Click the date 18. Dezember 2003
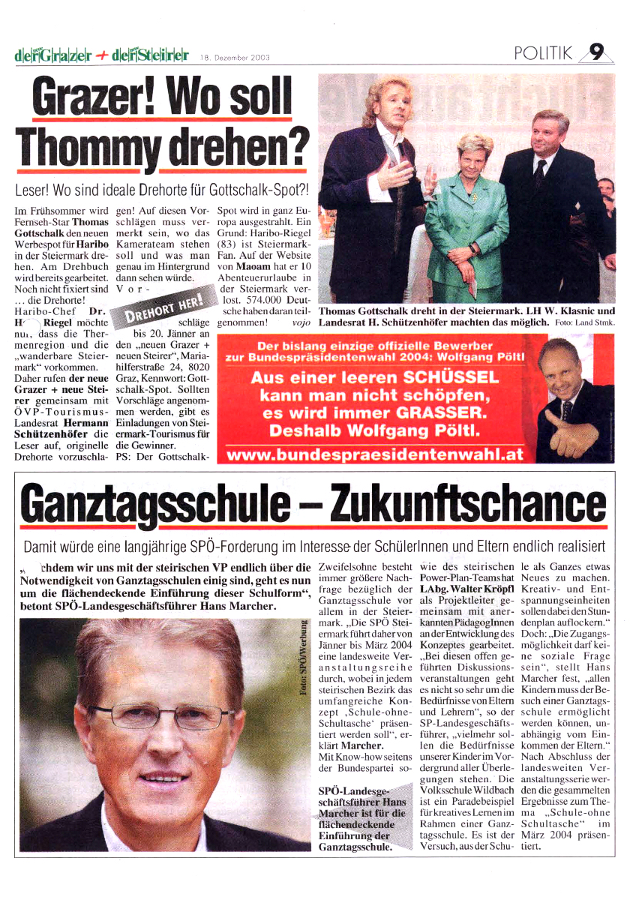(x=234, y=57)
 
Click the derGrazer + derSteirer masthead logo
(x=100, y=55)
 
